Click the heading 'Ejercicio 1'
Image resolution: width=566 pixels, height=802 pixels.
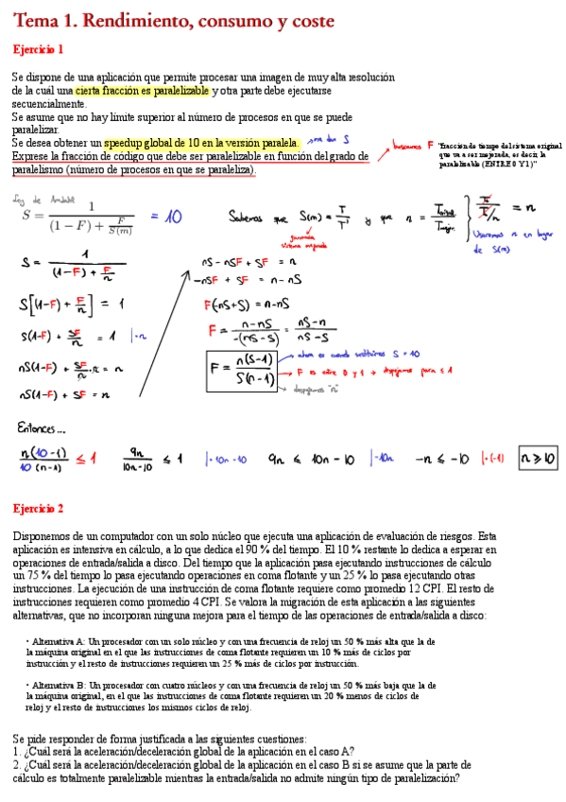[38, 49]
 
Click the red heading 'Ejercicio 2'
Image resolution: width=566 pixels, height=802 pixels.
[38, 509]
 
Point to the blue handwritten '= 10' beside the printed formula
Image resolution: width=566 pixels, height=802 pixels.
[165, 217]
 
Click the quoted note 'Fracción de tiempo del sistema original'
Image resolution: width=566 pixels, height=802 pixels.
[500, 146]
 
